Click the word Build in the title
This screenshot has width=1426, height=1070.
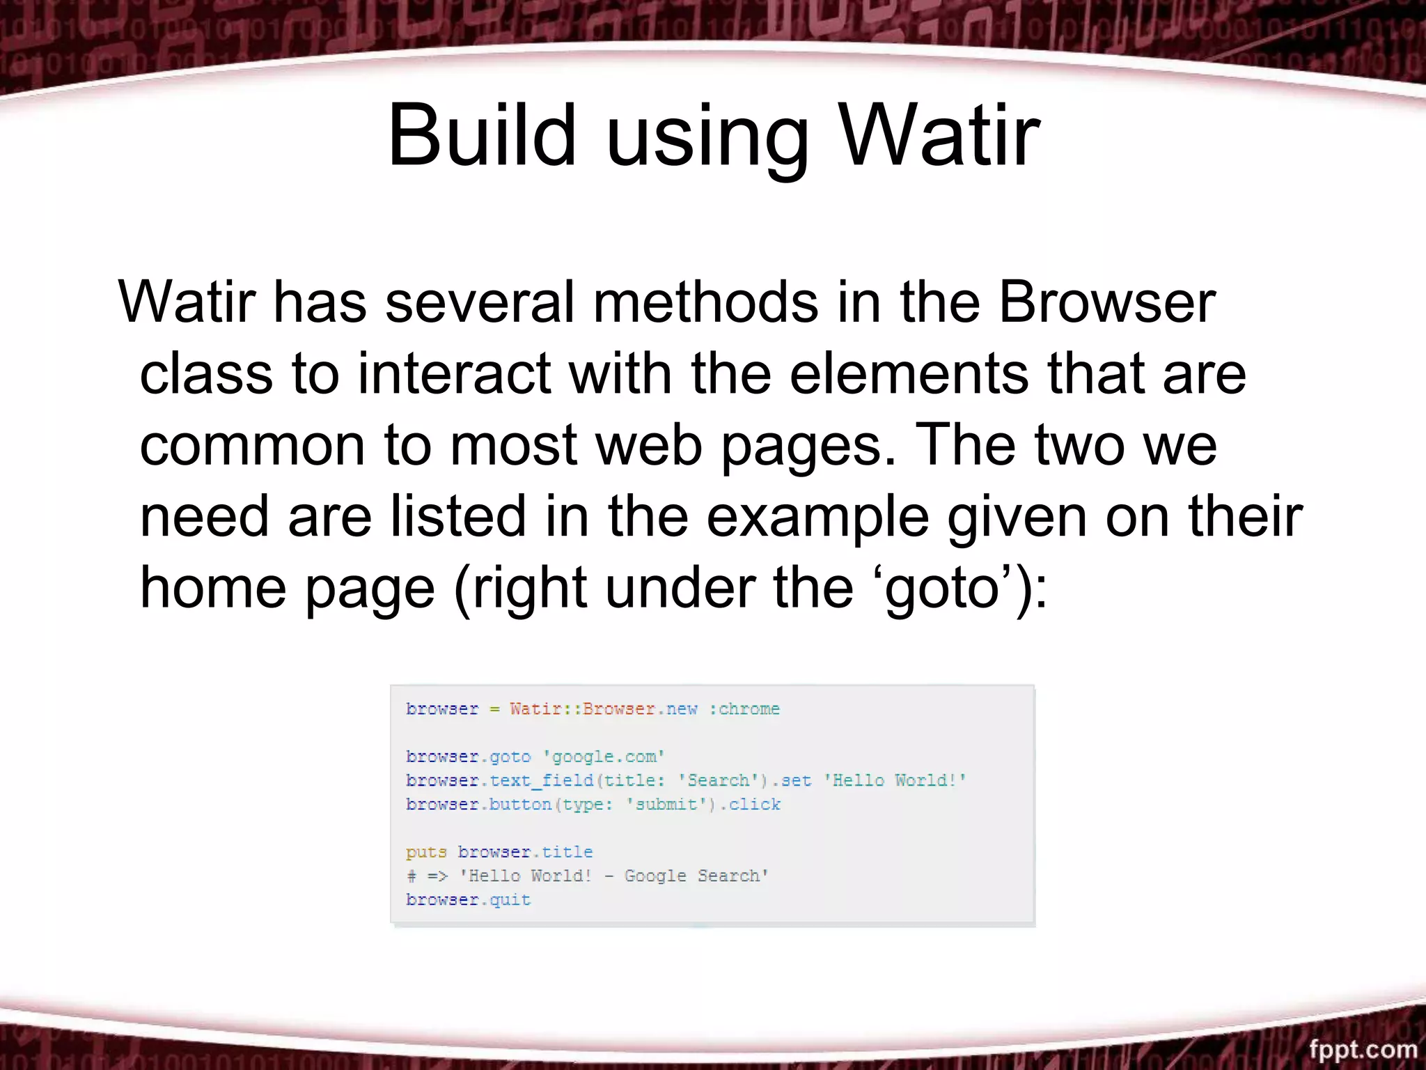tap(482, 135)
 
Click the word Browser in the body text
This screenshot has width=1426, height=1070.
tap(1107, 302)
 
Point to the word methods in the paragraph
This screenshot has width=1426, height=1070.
tap(705, 302)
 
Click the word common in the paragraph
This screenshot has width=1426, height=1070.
tap(252, 446)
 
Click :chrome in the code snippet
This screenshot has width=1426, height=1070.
tap(744, 709)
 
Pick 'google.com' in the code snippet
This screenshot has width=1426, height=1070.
tap(604, 757)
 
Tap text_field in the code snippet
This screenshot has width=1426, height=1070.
tap(541, 781)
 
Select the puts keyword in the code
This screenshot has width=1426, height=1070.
tap(425, 853)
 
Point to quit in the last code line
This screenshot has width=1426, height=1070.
tap(510, 900)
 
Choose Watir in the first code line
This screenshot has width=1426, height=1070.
tap(535, 709)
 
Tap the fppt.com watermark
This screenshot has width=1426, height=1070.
tap(1362, 1049)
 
